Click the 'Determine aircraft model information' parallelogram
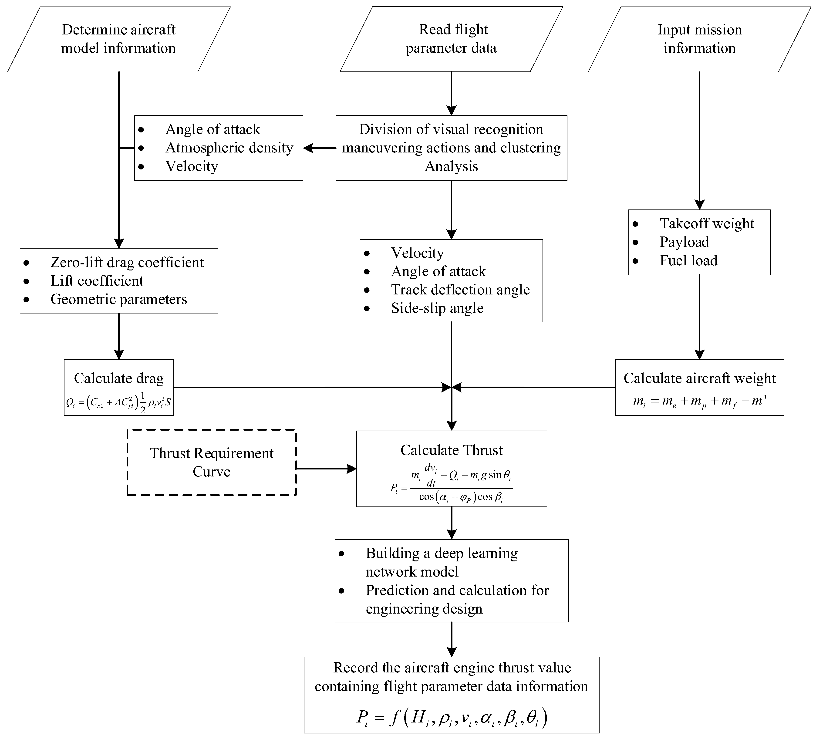point(119,39)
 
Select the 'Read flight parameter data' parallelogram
point(451,39)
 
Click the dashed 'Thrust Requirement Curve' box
point(212,462)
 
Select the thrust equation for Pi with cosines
point(451,484)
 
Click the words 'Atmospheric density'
point(229,148)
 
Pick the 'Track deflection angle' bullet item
point(460,290)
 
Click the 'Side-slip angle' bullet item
point(437,308)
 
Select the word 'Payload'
point(684,242)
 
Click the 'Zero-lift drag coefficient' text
point(127,263)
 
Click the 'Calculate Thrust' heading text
point(451,450)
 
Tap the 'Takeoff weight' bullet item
point(707,223)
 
